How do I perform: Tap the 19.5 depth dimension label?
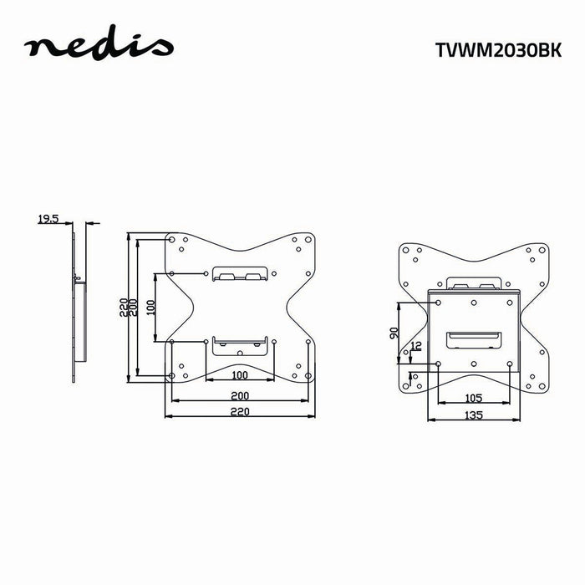coord(48,220)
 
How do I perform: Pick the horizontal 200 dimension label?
coord(239,394)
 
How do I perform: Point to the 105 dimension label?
coord(474,398)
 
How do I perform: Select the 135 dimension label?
coord(474,414)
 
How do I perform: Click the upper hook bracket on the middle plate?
coord(240,274)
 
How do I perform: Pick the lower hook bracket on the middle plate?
coord(240,343)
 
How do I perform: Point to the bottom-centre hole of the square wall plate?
coord(474,364)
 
